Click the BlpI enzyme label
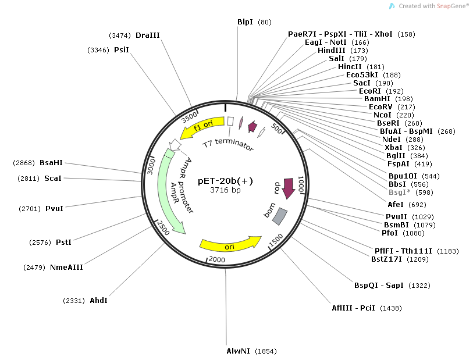[245, 22]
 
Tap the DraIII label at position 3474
[147, 35]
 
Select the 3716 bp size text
[225, 190]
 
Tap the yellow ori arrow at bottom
[230, 244]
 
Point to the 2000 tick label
[217, 259]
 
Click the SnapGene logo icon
[392, 6]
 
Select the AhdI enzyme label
[98, 301]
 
